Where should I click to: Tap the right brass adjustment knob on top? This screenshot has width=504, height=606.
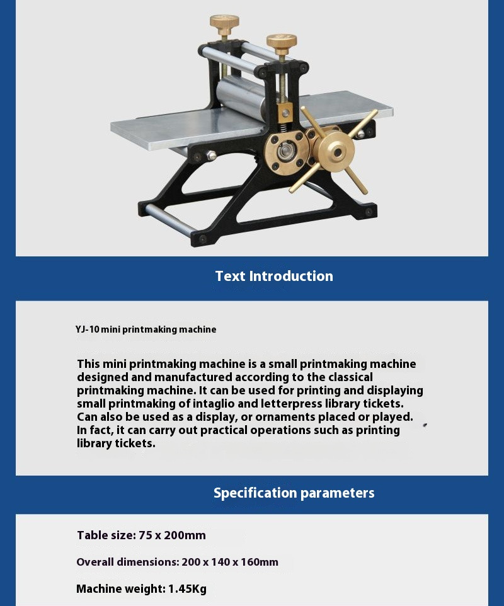(282, 43)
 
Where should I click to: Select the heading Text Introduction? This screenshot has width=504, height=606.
(274, 276)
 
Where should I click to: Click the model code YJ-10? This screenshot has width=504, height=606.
(87, 329)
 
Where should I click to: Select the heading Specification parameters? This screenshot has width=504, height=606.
(294, 493)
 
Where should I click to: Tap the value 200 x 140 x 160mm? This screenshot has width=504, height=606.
(230, 562)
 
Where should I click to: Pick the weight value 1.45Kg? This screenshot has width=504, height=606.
(187, 589)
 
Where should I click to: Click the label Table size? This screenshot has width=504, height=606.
(105, 535)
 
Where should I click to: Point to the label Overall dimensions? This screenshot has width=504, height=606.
(127, 562)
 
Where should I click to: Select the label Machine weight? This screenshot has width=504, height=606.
(120, 589)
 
